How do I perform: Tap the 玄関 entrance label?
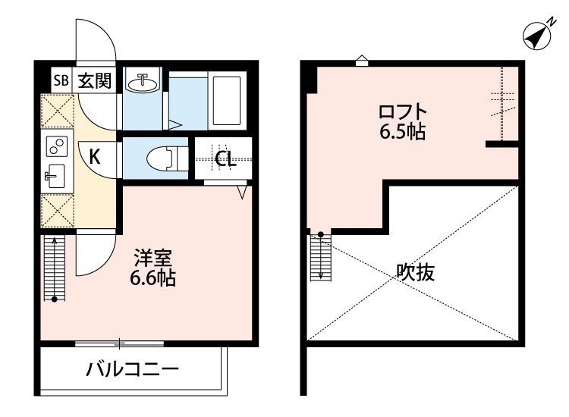(x=93, y=80)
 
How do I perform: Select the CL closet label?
(x=225, y=159)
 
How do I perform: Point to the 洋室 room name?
(x=152, y=258)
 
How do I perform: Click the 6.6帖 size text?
(x=152, y=279)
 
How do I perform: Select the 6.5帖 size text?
(x=402, y=133)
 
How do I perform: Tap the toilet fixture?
(x=161, y=158)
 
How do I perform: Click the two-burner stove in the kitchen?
(x=57, y=144)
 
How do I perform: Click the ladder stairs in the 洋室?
(x=55, y=268)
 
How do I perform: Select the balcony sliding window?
(x=121, y=343)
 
